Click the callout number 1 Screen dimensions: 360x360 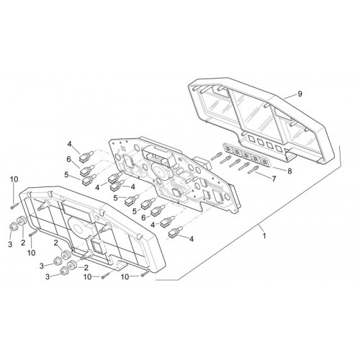pyautogui.click(x=264, y=236)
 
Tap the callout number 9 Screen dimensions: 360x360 pyautogui.click(x=300, y=94)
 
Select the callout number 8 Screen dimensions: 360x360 pyautogui.click(x=289, y=171)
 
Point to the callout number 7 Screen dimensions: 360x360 pyautogui.click(x=274, y=179)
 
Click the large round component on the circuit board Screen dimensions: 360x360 pyautogui.click(x=158, y=171)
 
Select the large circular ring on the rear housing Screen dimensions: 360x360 pyautogui.click(x=77, y=227)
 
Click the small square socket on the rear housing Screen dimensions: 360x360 pyautogui.click(x=97, y=246)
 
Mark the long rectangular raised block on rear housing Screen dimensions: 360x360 pyautogui.click(x=76, y=210)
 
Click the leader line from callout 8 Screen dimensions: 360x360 pyautogui.click(x=279, y=168)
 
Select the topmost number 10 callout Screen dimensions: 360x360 pyautogui.click(x=14, y=179)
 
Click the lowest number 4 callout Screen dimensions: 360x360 pyautogui.click(x=192, y=239)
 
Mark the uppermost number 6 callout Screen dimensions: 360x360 pyautogui.click(x=69, y=159)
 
